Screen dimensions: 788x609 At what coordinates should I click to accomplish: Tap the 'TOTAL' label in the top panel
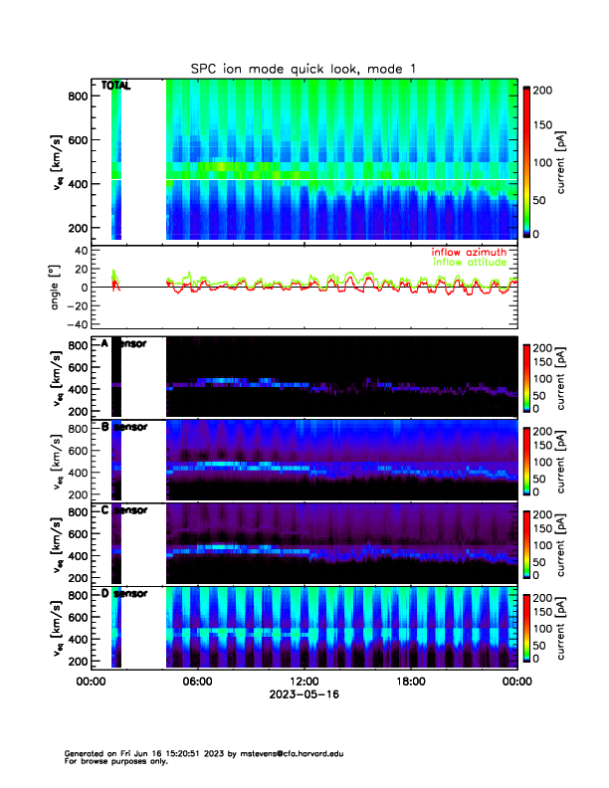(115, 87)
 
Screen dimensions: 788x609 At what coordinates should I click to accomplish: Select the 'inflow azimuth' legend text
(469, 253)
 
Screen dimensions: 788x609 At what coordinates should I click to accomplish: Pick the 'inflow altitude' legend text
(472, 263)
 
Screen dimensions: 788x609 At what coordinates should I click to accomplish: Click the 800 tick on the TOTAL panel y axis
(76, 96)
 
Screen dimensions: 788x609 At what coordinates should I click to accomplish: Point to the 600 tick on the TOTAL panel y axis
(76, 140)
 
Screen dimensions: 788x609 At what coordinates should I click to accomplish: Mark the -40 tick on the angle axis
(75, 324)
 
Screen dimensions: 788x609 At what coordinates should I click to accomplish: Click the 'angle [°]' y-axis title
(57, 287)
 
